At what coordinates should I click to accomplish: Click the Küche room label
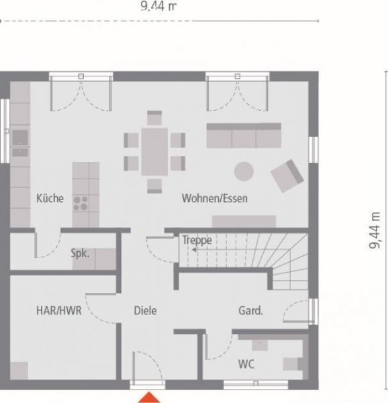(x=50, y=198)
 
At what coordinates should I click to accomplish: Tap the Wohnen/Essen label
(x=215, y=198)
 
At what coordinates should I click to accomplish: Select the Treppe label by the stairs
(x=197, y=240)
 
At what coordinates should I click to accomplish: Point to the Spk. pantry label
(x=81, y=255)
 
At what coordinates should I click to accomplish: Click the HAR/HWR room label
(x=58, y=311)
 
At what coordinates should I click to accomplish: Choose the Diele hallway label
(x=145, y=311)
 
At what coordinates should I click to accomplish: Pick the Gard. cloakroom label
(x=250, y=311)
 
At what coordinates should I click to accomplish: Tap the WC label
(x=246, y=364)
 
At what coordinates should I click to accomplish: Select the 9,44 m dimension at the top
(x=158, y=7)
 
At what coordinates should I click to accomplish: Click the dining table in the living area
(x=154, y=152)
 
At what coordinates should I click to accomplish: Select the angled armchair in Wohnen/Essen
(x=287, y=175)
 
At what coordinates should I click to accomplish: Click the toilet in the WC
(x=293, y=364)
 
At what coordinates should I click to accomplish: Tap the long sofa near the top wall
(x=242, y=136)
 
